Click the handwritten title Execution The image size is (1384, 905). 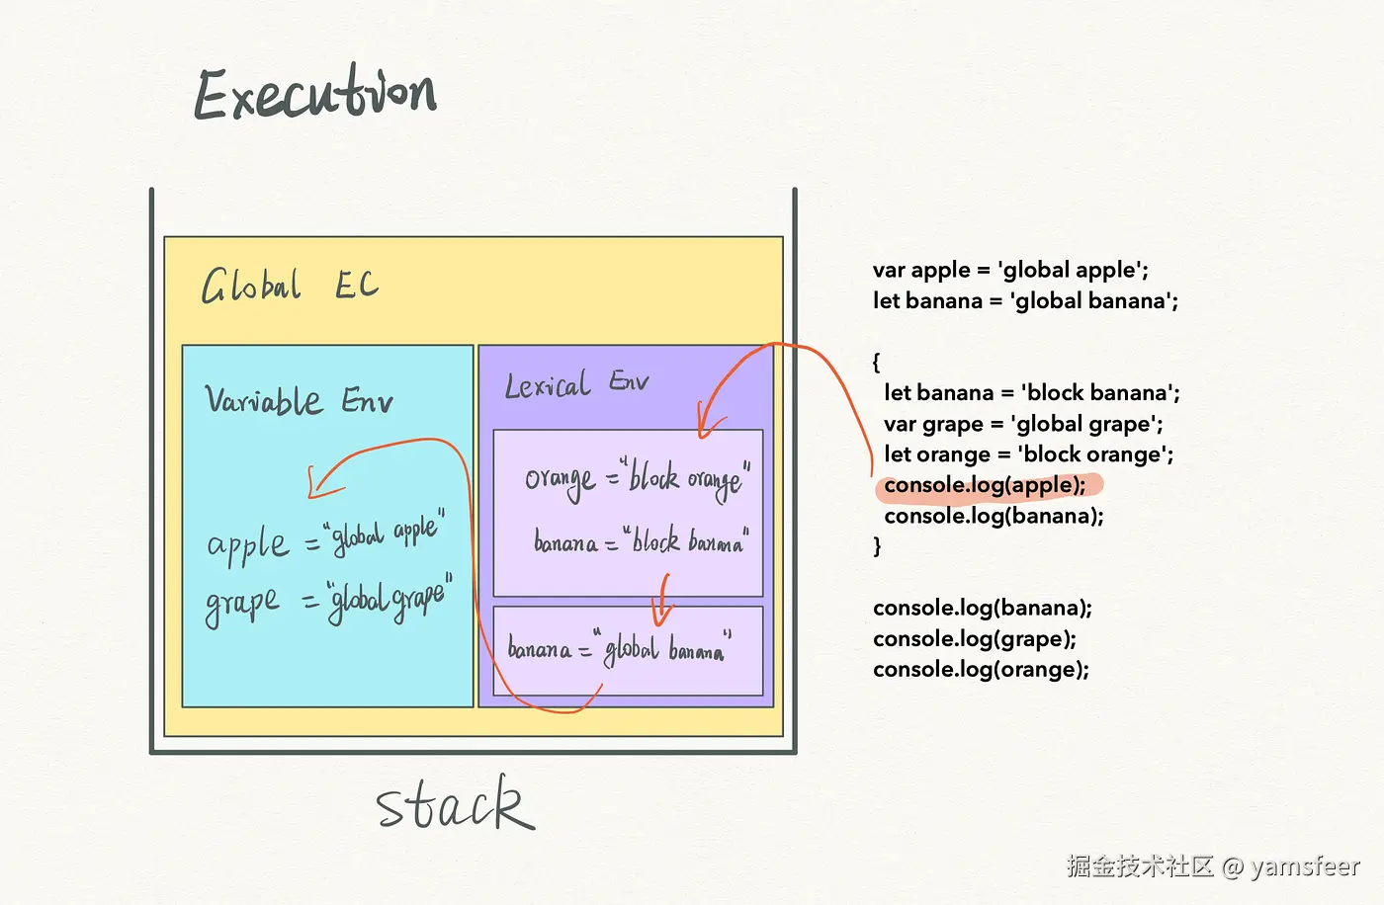[314, 95]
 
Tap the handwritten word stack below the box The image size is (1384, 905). [455, 804]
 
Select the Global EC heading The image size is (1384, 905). [290, 286]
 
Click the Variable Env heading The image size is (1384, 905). [299, 400]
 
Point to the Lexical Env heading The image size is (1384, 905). [576, 384]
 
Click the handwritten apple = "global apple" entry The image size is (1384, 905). [325, 538]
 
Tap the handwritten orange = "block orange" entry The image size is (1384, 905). [637, 479]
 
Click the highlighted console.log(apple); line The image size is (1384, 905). [985, 485]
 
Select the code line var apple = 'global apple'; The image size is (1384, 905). [1010, 270]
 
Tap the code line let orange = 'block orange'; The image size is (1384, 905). [1028, 454]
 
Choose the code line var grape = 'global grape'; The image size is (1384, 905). [1023, 424]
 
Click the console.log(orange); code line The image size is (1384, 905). [981, 669]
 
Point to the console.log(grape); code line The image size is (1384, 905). [975, 638]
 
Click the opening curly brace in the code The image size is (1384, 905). [876, 362]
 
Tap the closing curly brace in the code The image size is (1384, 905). [877, 546]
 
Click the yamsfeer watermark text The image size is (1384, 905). [1305, 866]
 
